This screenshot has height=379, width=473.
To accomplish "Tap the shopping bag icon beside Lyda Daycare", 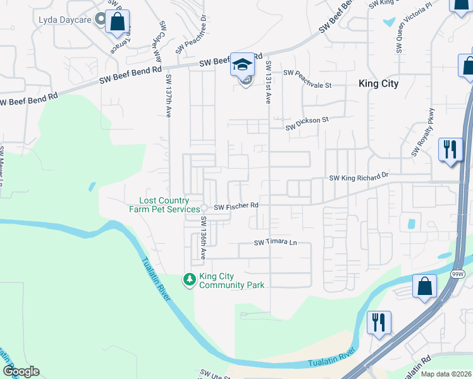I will [x=118, y=22].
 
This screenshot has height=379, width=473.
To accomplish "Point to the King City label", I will [x=378, y=83].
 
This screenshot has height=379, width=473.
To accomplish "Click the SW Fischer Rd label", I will [x=236, y=206].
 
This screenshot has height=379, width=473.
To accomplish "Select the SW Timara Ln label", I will [x=275, y=243].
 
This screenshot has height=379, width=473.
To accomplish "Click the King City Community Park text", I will [x=231, y=280].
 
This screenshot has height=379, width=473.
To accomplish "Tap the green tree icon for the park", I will [x=188, y=279].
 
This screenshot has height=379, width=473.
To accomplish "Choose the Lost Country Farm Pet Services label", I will [x=159, y=205].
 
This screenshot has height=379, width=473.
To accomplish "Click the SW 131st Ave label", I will [x=269, y=82].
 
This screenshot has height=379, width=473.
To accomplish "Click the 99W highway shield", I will [x=458, y=274].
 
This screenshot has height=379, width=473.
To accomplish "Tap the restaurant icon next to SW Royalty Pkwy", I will [x=450, y=150].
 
